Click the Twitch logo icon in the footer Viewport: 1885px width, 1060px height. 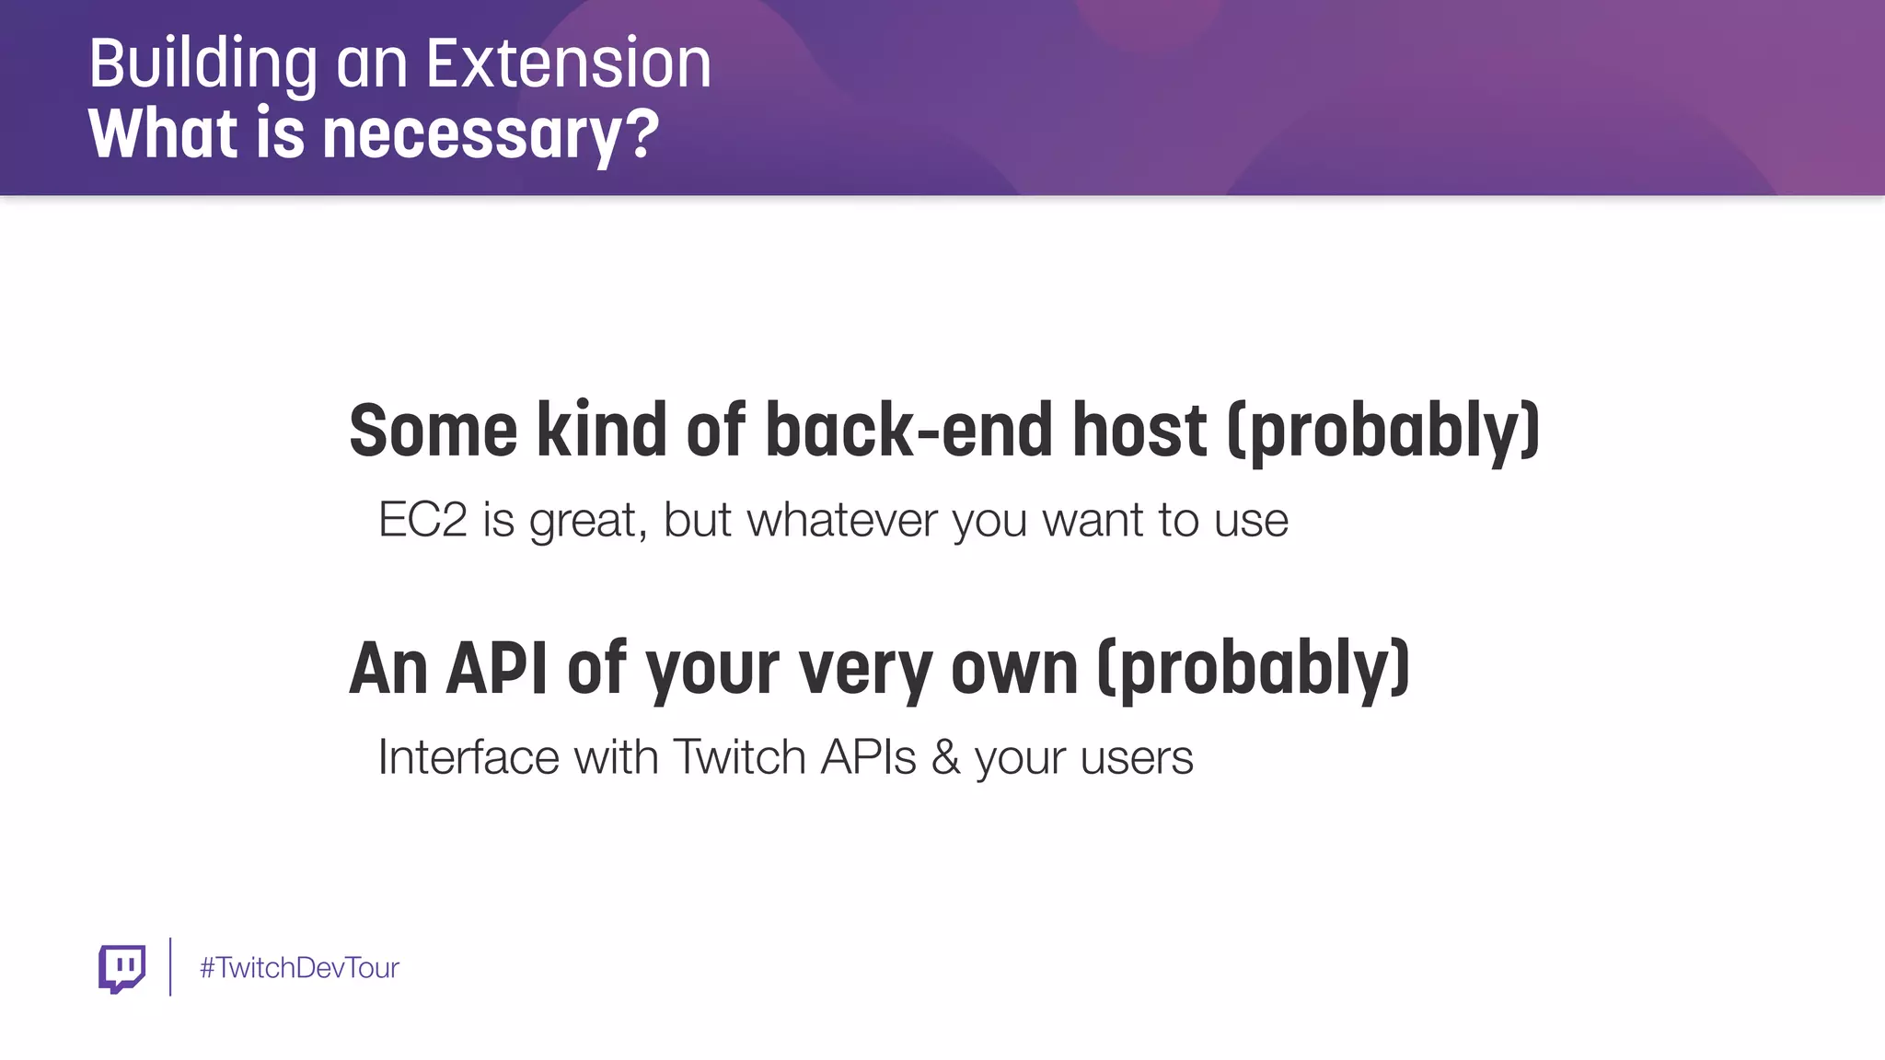[121, 968]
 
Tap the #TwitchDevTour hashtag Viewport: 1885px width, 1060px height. [299, 968]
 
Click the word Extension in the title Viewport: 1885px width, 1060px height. [568, 63]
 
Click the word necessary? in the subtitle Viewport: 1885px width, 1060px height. [491, 134]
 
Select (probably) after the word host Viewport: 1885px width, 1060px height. [1383, 432]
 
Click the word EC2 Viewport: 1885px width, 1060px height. [422, 520]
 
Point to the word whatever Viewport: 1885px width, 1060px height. [841, 520]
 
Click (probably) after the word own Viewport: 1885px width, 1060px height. [1254, 669]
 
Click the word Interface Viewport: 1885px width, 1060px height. [468, 757]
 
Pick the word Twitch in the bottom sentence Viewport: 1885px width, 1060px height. [739, 757]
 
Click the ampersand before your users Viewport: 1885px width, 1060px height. [945, 757]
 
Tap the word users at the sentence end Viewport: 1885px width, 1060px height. [1137, 759]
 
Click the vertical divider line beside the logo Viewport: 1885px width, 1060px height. [170, 966]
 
